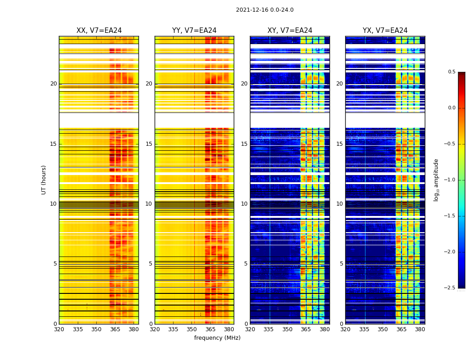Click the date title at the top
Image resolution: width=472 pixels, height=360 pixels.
(x=264, y=10)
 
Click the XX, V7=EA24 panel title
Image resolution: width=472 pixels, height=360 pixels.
(x=99, y=31)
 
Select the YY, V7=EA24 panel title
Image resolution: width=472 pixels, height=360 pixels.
(x=194, y=31)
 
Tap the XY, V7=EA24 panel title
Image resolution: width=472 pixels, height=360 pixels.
(x=289, y=31)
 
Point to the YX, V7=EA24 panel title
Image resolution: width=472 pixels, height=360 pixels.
(x=385, y=31)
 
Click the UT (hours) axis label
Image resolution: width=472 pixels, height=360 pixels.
(x=44, y=180)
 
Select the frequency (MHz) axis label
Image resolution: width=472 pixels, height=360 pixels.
(x=217, y=338)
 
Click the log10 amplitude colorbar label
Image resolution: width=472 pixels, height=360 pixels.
(x=436, y=180)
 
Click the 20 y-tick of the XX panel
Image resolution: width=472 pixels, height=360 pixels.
(x=53, y=84)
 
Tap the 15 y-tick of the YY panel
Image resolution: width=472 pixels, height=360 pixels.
(x=149, y=144)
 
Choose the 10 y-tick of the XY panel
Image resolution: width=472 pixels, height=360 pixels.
(x=244, y=204)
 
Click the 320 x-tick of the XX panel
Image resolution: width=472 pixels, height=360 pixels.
(x=59, y=329)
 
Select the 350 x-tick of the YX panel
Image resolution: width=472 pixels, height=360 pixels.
(x=383, y=329)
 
